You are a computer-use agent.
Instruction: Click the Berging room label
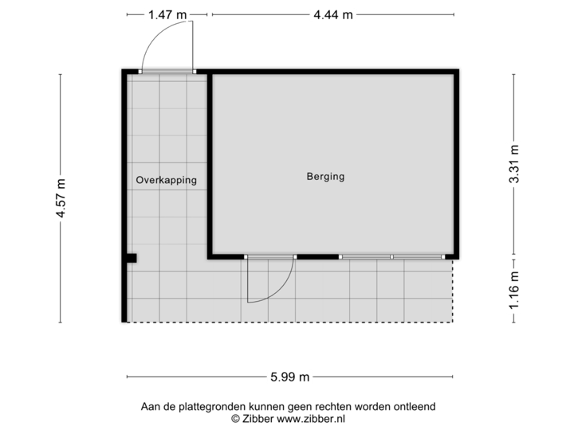click(325, 177)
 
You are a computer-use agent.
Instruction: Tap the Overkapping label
click(166, 181)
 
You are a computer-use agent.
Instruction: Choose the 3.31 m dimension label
click(514, 164)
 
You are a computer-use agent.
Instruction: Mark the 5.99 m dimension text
click(290, 377)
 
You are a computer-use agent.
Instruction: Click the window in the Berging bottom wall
click(391, 256)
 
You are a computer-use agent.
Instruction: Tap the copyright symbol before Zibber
click(234, 417)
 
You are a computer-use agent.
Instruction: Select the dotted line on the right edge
click(454, 291)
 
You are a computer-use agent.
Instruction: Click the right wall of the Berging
click(457, 163)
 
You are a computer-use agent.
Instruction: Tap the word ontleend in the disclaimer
click(415, 407)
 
